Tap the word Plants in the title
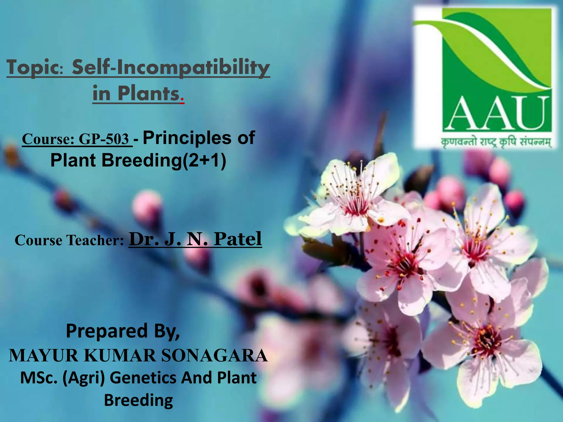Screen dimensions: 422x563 (x=148, y=94)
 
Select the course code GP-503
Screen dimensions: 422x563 (x=104, y=139)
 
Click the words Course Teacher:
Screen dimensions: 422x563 (x=69, y=240)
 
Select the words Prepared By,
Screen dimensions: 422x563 (x=123, y=331)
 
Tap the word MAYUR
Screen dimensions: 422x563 (x=44, y=356)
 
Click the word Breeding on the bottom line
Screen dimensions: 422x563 (x=138, y=400)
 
